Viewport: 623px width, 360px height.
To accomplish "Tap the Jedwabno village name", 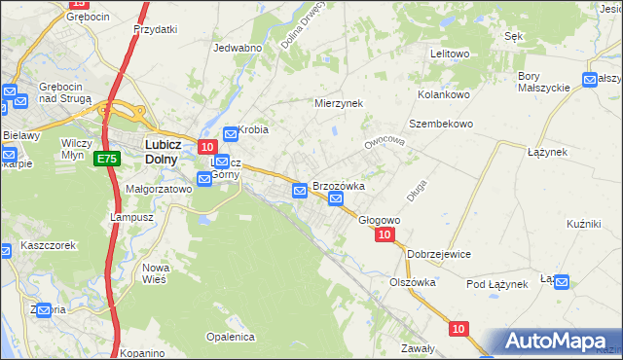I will (238, 48).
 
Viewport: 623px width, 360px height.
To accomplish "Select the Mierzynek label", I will (338, 102).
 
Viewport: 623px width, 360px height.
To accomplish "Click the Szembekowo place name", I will (440, 125).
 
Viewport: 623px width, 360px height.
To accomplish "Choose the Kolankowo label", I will (444, 94).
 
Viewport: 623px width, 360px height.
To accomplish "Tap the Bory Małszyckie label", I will (543, 82).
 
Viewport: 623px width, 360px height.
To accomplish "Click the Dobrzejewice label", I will (440, 254).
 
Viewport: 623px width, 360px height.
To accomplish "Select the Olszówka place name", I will (412, 282).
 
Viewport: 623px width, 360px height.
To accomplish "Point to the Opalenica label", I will (230, 337).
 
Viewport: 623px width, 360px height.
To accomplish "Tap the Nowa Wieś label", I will (156, 272).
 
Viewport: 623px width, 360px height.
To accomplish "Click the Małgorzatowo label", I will (159, 189).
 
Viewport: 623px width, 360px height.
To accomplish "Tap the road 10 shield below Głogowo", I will (385, 235).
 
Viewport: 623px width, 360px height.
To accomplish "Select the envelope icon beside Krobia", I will (231, 134).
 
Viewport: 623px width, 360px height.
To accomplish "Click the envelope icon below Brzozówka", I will (336, 200).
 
